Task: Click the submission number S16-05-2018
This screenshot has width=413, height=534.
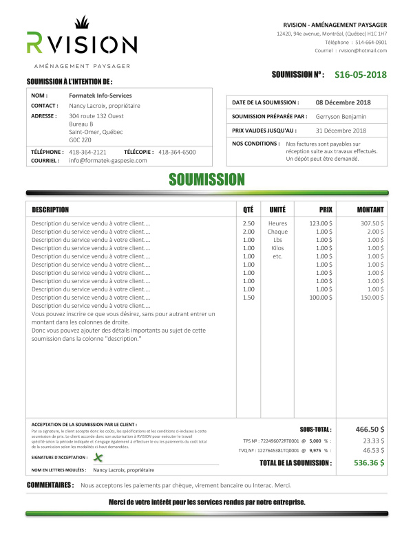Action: (361, 75)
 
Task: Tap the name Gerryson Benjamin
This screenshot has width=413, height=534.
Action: (341, 116)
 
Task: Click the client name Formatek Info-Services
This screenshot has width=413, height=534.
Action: (100, 96)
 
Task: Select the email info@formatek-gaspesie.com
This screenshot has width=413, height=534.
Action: (108, 160)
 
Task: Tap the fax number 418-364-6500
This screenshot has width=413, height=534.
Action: (177, 151)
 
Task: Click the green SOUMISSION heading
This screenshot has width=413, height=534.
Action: (207, 180)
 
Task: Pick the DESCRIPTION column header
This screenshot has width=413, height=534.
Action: (50, 209)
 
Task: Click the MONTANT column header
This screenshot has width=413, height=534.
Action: (370, 209)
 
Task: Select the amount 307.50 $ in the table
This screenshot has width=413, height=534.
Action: (372, 223)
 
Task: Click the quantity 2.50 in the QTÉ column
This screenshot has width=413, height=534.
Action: (248, 223)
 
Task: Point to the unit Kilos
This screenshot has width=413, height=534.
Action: (277, 248)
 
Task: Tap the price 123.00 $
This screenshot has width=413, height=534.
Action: (320, 223)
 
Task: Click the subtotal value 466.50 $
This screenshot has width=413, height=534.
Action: (370, 428)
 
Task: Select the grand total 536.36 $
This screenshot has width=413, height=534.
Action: (369, 463)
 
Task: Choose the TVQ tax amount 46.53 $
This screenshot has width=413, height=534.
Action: (373, 450)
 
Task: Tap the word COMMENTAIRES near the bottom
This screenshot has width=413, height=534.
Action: (50, 485)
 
